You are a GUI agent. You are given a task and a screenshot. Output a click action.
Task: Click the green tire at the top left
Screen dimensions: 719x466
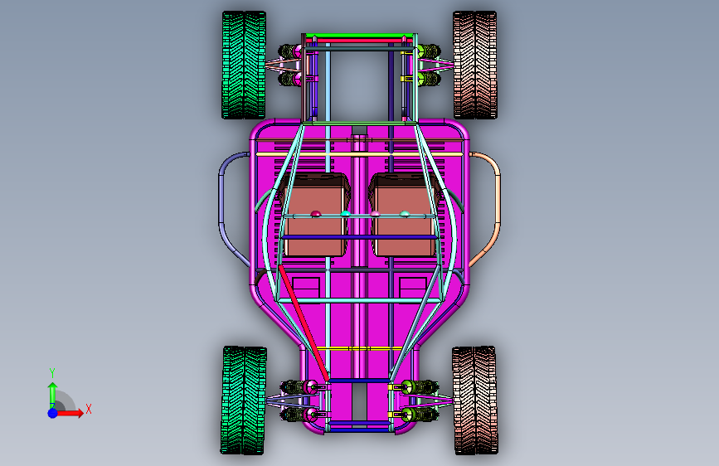pyautogui.click(x=244, y=66)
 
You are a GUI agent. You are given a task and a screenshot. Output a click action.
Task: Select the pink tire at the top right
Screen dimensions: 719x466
pyautogui.click(x=474, y=66)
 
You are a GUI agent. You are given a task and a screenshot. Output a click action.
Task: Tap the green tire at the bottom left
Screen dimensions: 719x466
pyautogui.click(x=244, y=400)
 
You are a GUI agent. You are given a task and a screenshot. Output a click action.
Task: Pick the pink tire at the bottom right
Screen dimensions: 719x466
pyautogui.click(x=474, y=400)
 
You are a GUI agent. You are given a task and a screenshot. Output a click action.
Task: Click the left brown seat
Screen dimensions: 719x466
pyautogui.click(x=315, y=215)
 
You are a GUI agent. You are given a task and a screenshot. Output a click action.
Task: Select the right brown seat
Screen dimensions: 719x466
pyautogui.click(x=404, y=215)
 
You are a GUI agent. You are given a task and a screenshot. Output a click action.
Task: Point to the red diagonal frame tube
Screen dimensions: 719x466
pyautogui.click(x=304, y=323)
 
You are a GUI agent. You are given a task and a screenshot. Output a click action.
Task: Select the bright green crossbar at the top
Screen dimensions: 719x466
pyautogui.click(x=358, y=36)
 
